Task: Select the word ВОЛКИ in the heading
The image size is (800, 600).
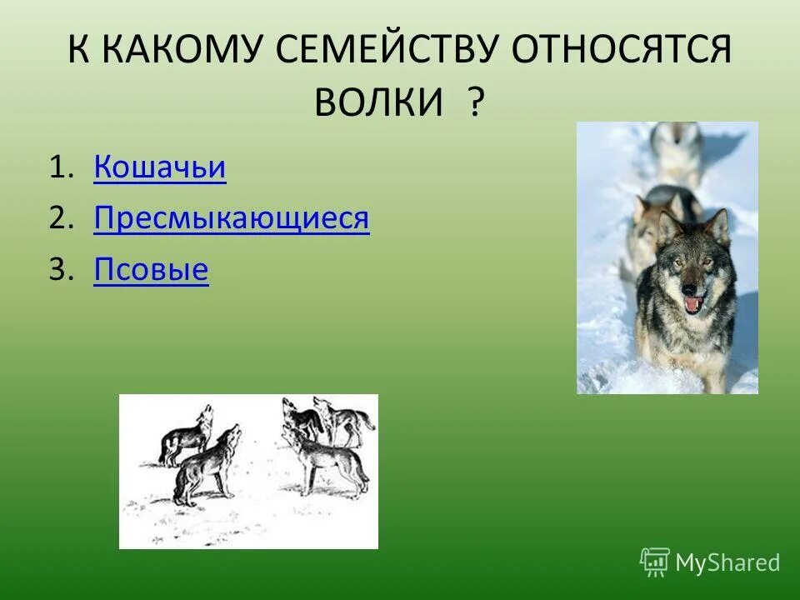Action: point(378,102)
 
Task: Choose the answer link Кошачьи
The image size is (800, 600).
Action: point(160,167)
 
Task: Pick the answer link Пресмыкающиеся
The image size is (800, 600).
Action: point(232,219)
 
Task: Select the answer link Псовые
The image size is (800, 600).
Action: point(151,271)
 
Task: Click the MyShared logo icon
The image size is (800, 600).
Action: point(655,562)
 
